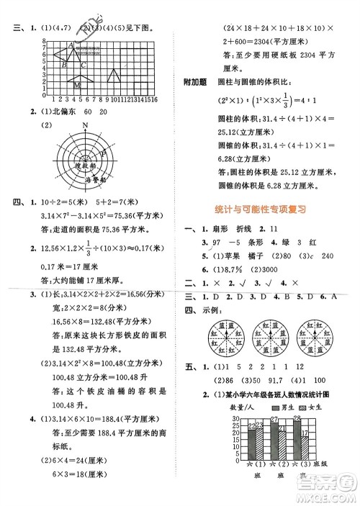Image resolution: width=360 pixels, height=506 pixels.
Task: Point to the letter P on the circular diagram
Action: [x=105, y=153]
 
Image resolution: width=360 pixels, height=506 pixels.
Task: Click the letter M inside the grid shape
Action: [x=77, y=85]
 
